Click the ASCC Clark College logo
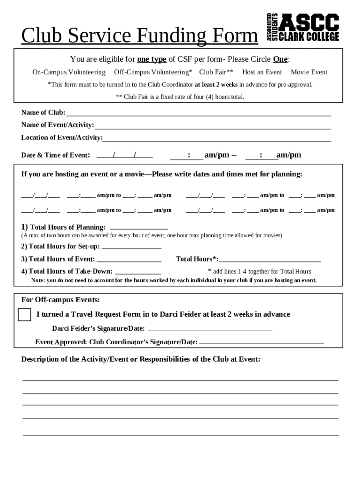[x=302, y=27]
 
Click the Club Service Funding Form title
[x=139, y=36]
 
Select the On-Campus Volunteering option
[x=69, y=72]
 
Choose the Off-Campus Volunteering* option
[x=153, y=72]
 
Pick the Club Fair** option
[x=216, y=72]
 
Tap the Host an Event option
[x=262, y=72]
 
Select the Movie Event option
[x=309, y=72]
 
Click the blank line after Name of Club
[x=199, y=113]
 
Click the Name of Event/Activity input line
[x=213, y=126]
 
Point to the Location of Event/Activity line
[x=217, y=138]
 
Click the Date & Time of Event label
[x=56, y=155]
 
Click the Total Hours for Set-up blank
[x=131, y=247]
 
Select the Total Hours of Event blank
[x=129, y=260]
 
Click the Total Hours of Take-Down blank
[x=138, y=272]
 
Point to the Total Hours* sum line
[x=270, y=260]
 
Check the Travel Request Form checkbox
[x=24, y=315]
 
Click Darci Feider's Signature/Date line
[x=209, y=329]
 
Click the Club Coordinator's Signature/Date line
[x=261, y=342]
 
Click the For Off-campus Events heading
[x=60, y=300]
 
